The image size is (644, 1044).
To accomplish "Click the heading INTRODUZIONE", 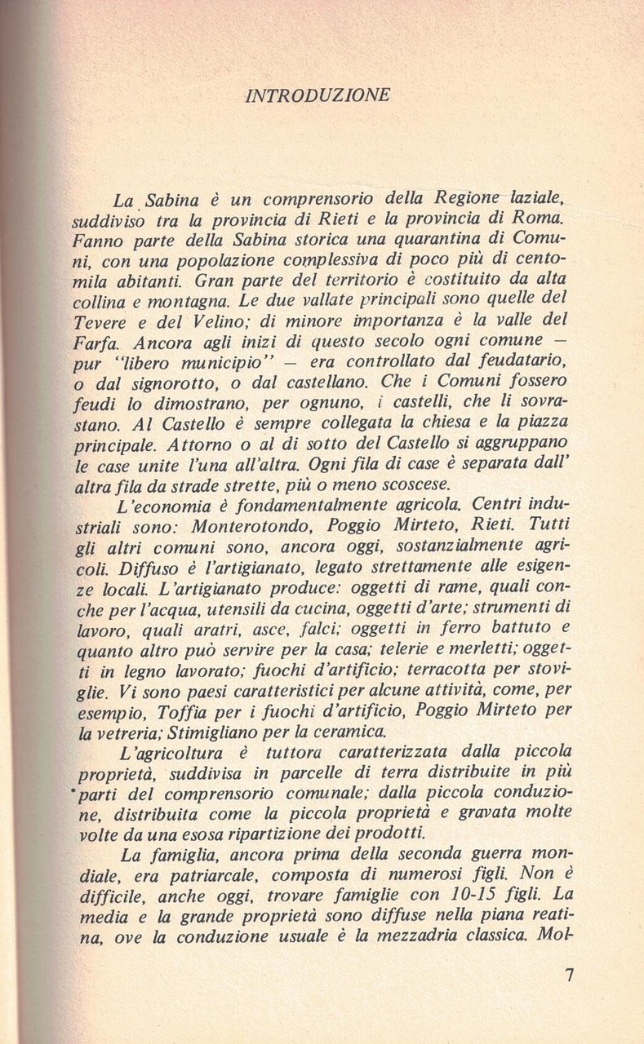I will tap(318, 95).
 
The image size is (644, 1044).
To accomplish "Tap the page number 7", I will tap(570, 975).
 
